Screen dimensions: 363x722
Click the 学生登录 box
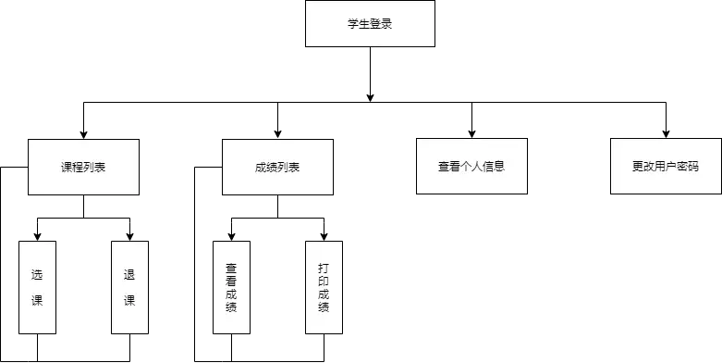(x=369, y=25)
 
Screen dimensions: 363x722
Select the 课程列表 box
(x=83, y=168)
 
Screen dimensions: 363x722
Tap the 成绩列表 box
(x=277, y=168)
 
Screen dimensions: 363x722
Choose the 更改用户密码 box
(x=665, y=168)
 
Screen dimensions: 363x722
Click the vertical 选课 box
(x=37, y=287)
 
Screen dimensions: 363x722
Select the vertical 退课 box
(x=129, y=287)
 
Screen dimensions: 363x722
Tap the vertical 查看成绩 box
(x=231, y=287)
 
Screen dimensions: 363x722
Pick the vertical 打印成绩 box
(x=324, y=287)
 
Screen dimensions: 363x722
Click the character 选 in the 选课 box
(x=37, y=275)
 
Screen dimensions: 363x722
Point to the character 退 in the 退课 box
(x=129, y=275)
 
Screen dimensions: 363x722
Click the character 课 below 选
(x=37, y=301)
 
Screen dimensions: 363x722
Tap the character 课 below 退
(x=129, y=301)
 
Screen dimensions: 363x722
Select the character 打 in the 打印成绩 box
(x=324, y=268)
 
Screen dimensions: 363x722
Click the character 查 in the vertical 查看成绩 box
(x=231, y=268)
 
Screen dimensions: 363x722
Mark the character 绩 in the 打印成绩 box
(x=324, y=307)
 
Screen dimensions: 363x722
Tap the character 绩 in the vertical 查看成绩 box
(x=231, y=307)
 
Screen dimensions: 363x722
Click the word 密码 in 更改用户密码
(x=687, y=168)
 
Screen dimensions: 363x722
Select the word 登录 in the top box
(x=380, y=25)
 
